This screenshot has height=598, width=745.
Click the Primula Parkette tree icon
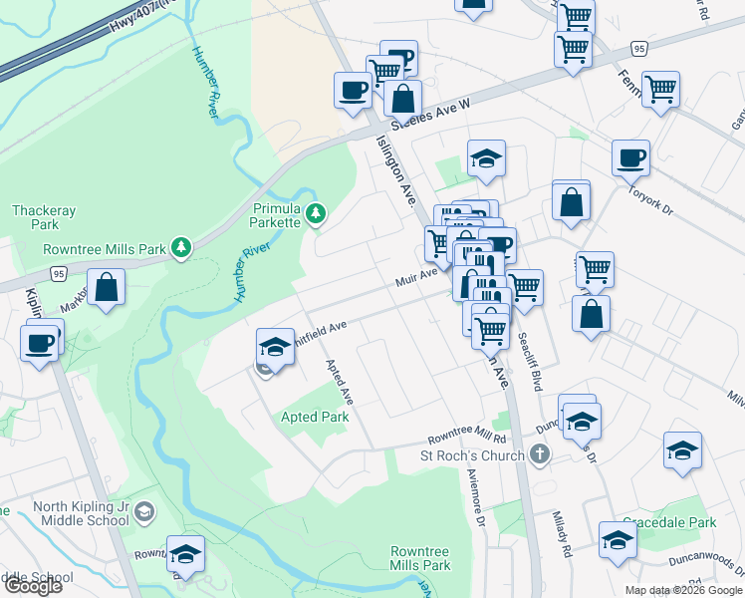[x=316, y=212]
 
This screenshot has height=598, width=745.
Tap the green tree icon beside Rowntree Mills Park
[x=180, y=247]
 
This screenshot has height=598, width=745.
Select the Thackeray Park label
[x=37, y=217]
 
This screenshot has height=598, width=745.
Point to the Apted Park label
[x=315, y=417]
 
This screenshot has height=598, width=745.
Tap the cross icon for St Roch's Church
[x=540, y=455]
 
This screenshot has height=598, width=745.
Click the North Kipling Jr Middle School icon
[x=144, y=512]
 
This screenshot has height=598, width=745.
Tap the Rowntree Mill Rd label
[x=467, y=438]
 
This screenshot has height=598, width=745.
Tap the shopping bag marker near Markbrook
[x=107, y=286]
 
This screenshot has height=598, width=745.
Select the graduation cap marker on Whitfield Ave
[x=275, y=346]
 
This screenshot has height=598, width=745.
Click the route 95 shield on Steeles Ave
[x=639, y=48]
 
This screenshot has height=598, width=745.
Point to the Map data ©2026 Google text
[x=682, y=590]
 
